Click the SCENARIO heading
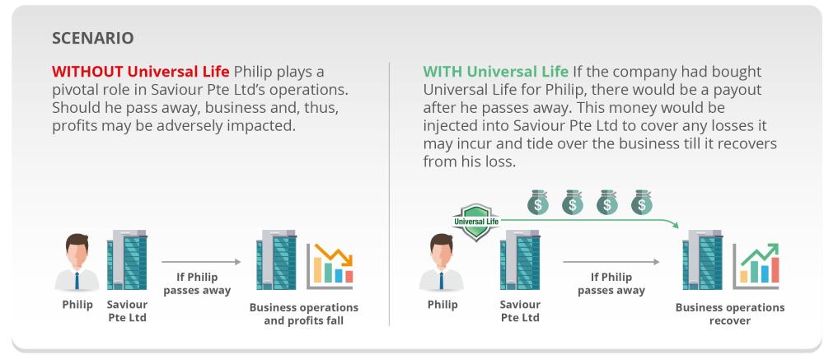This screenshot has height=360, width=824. [93, 38]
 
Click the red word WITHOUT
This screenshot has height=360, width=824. [88, 71]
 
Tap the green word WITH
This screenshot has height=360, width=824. [442, 71]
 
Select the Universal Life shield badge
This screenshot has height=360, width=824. [476, 222]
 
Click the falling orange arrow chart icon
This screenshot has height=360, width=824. [330, 265]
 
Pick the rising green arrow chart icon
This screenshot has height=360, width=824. [756, 266]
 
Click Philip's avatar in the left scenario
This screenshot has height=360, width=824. [77, 262]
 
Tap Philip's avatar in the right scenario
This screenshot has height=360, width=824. [442, 262]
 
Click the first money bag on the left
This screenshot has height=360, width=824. [537, 203]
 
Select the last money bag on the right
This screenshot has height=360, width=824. [641, 203]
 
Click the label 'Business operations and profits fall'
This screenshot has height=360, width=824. [304, 314]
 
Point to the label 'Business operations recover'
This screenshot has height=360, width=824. [730, 314]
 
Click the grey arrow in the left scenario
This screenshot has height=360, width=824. [201, 262]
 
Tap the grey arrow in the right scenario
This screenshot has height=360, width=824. [611, 262]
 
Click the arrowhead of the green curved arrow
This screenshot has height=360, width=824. [675, 224]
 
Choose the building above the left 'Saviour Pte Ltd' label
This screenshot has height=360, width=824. [127, 259]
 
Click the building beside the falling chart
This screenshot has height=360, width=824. [276, 259]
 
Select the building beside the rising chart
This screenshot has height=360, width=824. [703, 259]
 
